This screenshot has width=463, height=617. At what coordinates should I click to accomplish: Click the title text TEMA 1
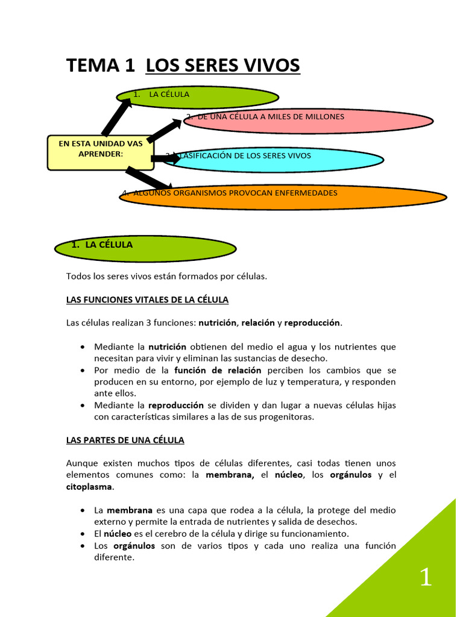pos(101,66)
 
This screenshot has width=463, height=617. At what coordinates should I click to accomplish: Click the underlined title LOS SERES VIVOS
pos(223,66)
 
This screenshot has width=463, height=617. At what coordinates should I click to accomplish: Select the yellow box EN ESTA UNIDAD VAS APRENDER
pos(101,152)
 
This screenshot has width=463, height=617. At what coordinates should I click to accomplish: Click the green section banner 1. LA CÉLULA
pos(145,247)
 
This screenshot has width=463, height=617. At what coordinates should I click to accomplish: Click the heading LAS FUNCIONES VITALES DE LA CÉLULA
pos(147,299)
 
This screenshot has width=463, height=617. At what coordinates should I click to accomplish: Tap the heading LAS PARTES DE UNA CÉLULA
pos(125,440)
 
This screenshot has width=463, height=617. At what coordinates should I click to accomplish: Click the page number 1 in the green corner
pos(426,578)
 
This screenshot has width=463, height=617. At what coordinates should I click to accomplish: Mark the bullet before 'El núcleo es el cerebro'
pos(82,534)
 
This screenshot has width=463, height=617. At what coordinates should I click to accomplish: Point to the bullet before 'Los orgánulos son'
pos(82,546)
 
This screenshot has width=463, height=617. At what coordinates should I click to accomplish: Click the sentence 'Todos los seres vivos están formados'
pos(166,277)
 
